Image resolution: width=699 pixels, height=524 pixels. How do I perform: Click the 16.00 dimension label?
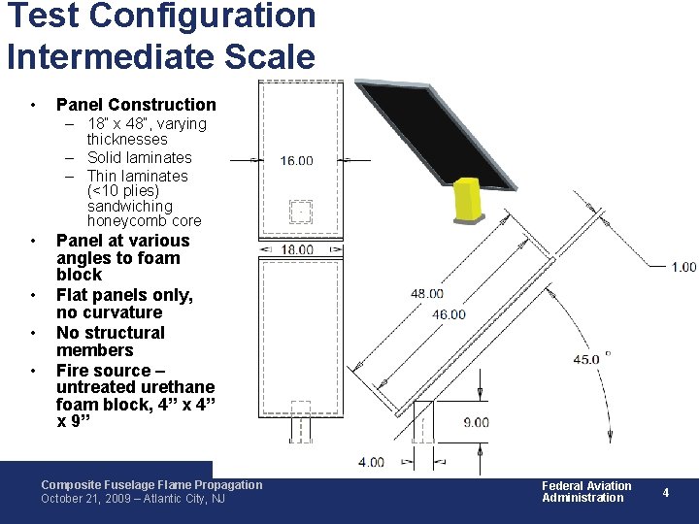(x=296, y=161)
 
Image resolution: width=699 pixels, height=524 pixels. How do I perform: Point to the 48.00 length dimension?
(x=427, y=293)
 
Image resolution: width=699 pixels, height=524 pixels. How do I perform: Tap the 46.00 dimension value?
(x=449, y=313)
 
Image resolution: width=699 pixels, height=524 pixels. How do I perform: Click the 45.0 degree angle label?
(x=586, y=359)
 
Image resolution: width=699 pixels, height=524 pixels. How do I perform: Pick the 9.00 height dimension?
(x=476, y=422)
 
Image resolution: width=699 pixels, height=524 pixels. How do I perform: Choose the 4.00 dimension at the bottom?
(x=371, y=462)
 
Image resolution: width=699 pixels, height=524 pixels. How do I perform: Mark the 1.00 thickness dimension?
(x=683, y=266)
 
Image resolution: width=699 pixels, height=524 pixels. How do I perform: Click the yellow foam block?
(x=468, y=199)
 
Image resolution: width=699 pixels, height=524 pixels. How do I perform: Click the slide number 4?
(x=666, y=492)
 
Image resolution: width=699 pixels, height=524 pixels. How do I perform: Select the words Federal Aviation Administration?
(x=585, y=492)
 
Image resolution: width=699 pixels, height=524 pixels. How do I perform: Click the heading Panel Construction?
(x=136, y=104)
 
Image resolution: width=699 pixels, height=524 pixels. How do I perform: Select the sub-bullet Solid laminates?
(x=139, y=157)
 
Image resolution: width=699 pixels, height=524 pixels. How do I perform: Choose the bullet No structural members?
(x=111, y=342)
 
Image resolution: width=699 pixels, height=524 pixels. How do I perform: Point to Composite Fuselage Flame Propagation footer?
(x=151, y=484)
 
